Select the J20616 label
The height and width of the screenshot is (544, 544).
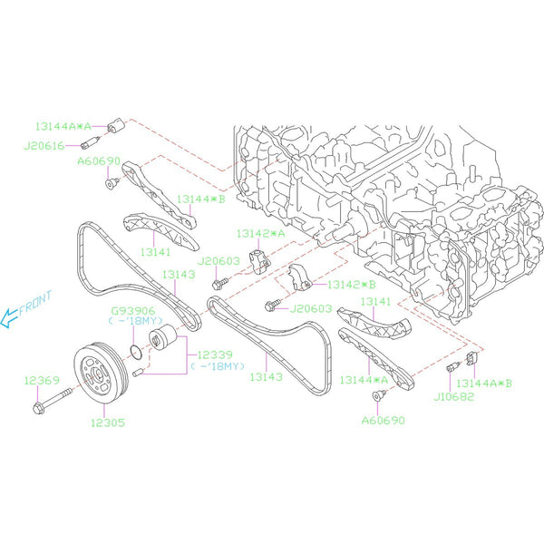coord(45,144)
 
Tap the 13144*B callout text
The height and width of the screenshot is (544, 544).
coord(200,198)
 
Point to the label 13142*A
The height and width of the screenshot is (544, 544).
coord(260,234)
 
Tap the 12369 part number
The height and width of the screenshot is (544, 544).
coord(42,380)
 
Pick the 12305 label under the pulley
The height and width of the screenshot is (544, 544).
coord(108,423)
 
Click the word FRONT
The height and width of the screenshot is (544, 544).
coord(35,302)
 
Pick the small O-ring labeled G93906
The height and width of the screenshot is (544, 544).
coord(133,350)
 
